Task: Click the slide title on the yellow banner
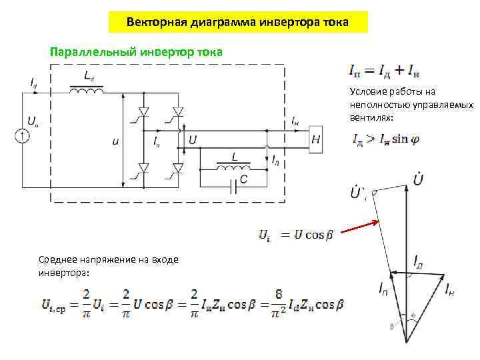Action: point(237,22)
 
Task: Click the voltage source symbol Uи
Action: point(22,136)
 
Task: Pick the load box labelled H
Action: point(315,140)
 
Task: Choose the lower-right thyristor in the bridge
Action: point(177,171)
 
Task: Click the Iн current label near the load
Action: point(295,121)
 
